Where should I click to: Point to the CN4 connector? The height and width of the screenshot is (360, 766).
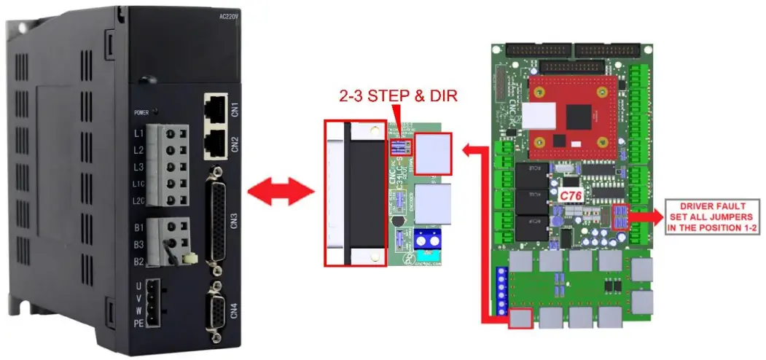tap(216, 309)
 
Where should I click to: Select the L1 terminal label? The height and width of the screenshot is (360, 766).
tap(138, 134)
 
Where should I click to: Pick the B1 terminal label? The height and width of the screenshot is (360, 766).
tap(138, 227)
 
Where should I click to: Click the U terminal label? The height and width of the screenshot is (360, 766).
tap(138, 286)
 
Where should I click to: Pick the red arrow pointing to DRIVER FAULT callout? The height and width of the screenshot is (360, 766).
tap(645, 216)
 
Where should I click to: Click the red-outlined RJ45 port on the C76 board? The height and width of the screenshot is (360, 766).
tap(520, 318)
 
